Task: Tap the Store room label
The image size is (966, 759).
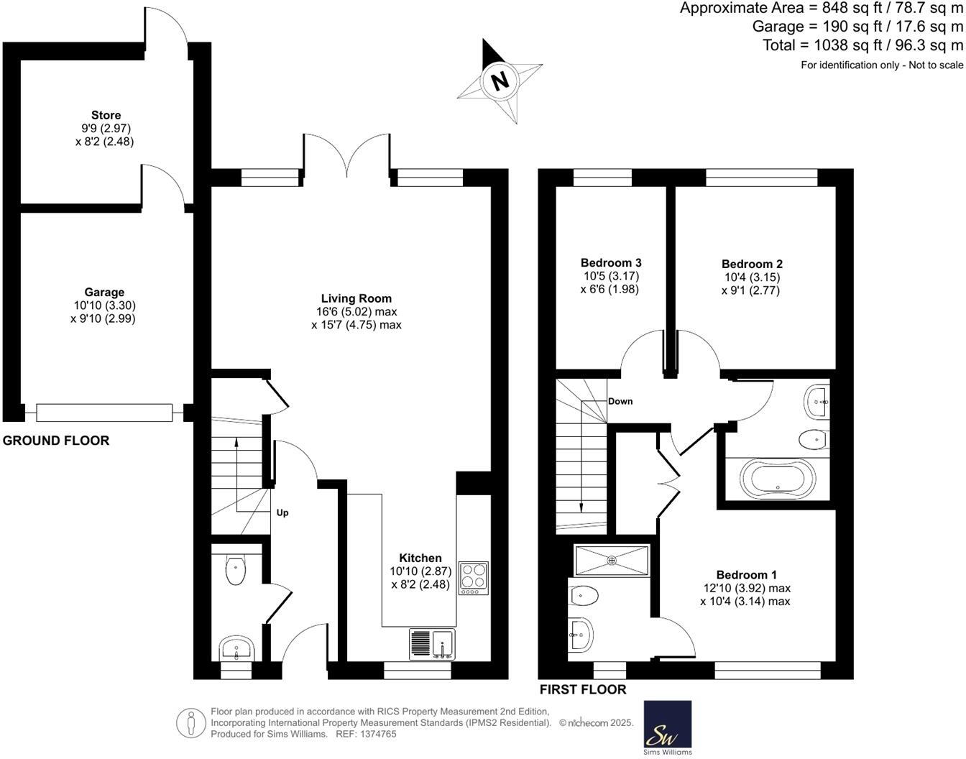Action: [106, 115]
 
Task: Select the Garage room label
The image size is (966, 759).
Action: [104, 293]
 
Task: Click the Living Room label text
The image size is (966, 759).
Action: [356, 298]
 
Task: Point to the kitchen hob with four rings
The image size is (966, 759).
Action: [473, 577]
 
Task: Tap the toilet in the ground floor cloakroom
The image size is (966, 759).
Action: [235, 570]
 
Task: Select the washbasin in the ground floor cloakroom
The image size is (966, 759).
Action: [235, 649]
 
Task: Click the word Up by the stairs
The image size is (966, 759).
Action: [282, 513]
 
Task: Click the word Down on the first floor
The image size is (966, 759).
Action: [620, 401]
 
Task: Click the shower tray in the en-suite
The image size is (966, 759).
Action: [612, 561]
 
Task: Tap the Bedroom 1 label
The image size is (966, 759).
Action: [746, 575]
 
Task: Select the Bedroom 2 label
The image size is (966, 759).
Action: [752, 264]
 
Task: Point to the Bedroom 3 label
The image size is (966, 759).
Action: [611, 263]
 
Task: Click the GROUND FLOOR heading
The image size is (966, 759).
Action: [56, 441]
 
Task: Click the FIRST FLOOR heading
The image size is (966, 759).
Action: [583, 690]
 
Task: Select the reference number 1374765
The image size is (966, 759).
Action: [380, 735]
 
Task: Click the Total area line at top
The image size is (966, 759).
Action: [862, 45]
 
